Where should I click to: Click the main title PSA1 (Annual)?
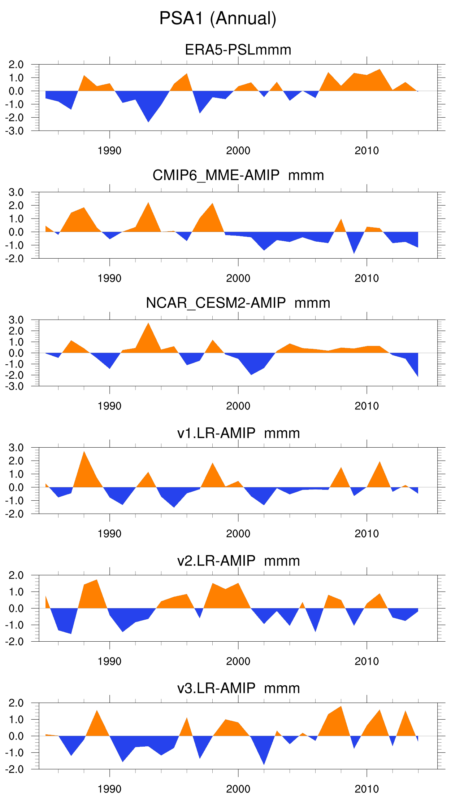218,18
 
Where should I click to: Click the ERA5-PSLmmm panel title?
238,50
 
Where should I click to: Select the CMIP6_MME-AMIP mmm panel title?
238,175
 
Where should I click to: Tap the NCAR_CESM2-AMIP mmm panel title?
238,303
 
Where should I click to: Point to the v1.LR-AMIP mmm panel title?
238,433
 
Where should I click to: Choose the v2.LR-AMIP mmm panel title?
238,561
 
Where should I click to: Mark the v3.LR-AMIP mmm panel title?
238,688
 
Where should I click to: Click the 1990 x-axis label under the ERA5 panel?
109,151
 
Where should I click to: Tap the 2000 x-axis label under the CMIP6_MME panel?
238,278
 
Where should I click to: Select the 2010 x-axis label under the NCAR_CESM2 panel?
367,406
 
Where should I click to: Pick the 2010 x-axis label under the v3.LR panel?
367,789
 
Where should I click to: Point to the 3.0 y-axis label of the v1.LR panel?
16,448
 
